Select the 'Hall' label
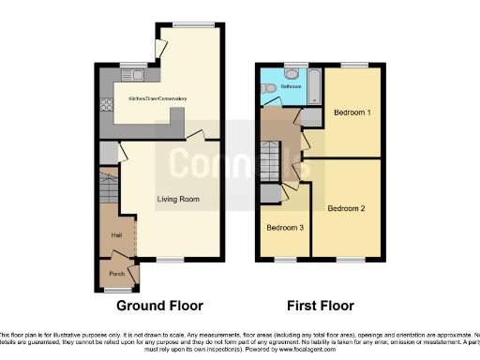click(116, 235)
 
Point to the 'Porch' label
click(117, 273)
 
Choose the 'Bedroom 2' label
click(346, 209)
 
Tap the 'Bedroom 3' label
click(283, 228)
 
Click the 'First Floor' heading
click(321, 306)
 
